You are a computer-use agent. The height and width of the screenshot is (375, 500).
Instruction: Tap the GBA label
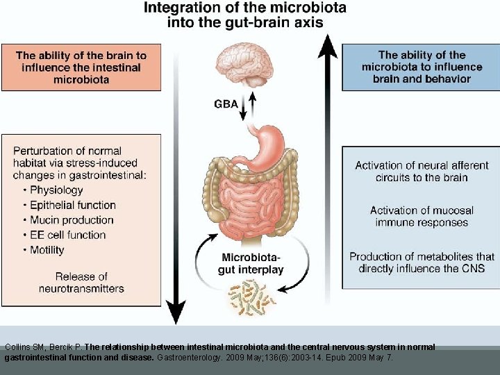(226, 104)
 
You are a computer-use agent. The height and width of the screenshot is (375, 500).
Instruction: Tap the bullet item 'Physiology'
(56, 190)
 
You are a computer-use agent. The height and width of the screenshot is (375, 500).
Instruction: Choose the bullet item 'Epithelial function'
(72, 205)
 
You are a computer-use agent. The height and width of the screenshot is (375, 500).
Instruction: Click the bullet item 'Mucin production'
(72, 220)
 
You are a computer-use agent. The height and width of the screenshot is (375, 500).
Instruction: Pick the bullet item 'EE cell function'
(67, 235)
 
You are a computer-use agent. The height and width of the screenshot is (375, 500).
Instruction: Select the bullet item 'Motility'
(47, 250)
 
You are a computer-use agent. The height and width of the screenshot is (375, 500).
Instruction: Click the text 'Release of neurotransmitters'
(81, 282)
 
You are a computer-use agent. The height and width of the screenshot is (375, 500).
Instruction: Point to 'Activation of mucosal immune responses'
(422, 216)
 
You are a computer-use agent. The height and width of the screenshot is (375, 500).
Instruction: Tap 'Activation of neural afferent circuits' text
(422, 171)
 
